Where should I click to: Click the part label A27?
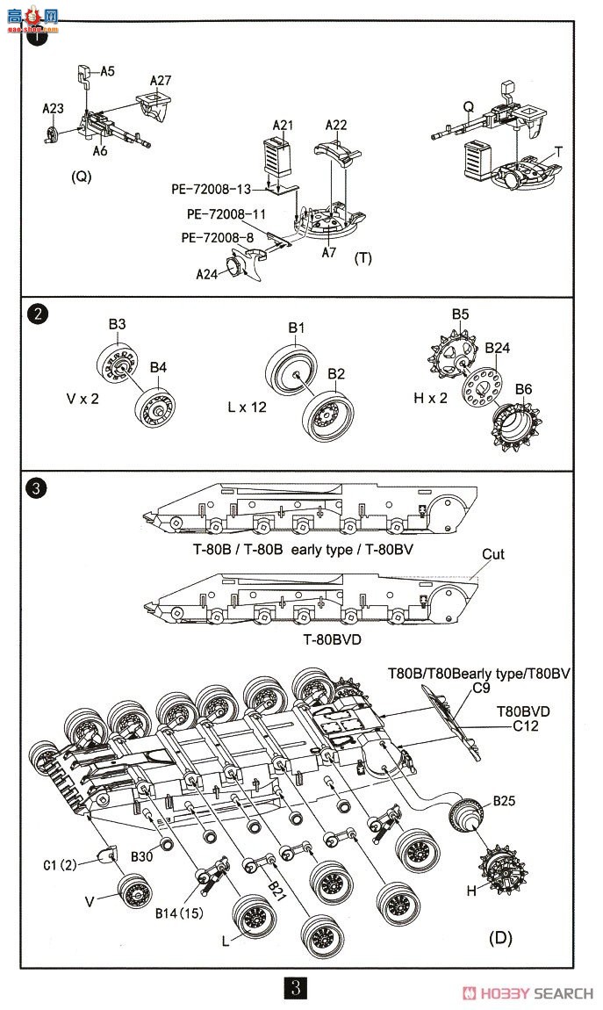[161, 80]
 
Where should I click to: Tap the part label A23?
[54, 109]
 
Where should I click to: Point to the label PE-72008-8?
[218, 237]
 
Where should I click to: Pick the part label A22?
[337, 126]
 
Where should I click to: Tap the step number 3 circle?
[38, 487]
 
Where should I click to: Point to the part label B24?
[498, 348]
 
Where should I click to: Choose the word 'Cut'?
[493, 554]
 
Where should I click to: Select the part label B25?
[505, 801]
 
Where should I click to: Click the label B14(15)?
[179, 913]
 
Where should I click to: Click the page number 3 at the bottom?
[297, 988]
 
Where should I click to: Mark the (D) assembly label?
[500, 939]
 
